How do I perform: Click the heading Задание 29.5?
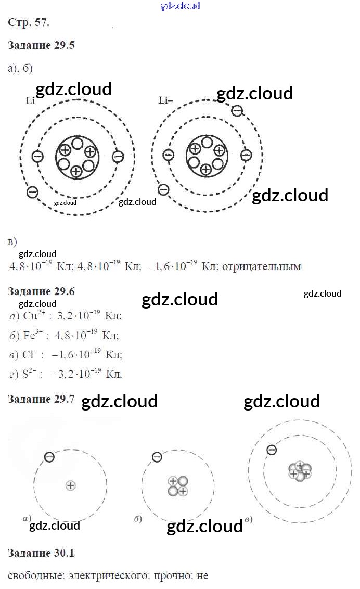coord(42,45)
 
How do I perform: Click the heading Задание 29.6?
coord(42,291)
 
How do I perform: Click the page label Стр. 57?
coord(29,22)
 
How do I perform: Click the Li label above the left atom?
coord(30,100)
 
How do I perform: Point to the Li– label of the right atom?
coord(165,100)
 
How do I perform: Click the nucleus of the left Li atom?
coord(77,157)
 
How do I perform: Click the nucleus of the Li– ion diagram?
coord(207,156)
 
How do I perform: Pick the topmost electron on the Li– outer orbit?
coord(237,110)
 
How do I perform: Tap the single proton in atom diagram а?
coord(71,485)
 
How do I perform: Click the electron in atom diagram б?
coord(157,457)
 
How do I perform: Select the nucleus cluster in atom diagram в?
coord(300,471)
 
